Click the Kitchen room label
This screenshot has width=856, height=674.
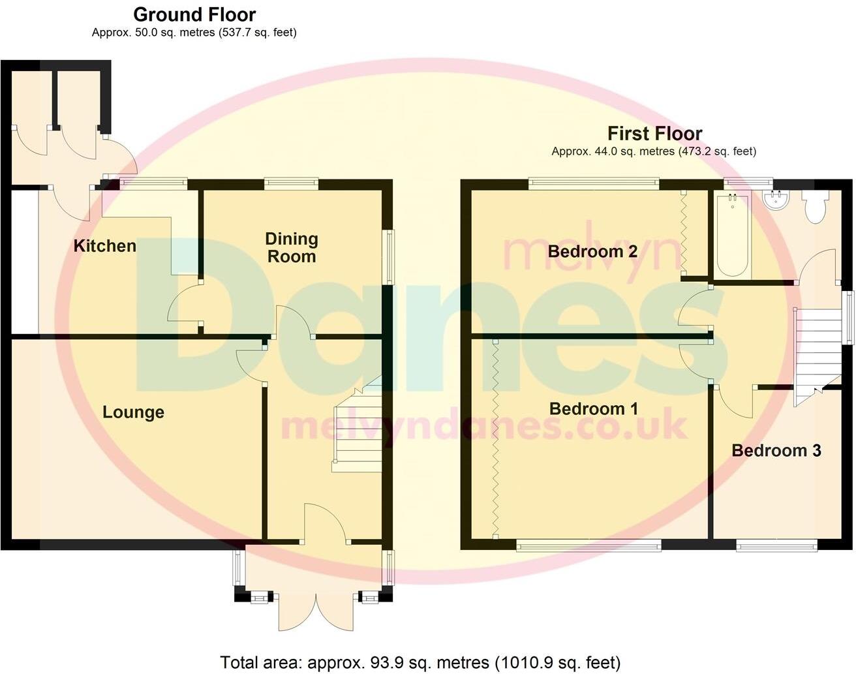point(104,246)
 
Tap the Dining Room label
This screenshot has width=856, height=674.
point(292,248)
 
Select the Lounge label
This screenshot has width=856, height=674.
point(133,412)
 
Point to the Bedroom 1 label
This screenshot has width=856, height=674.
point(594,409)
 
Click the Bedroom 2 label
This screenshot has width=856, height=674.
point(592,251)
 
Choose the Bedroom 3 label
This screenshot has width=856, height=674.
point(776,450)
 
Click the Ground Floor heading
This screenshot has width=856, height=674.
point(194,14)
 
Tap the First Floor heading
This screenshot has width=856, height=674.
point(654,134)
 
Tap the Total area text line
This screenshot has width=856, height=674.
point(420,663)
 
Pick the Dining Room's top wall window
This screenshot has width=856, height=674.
point(291,183)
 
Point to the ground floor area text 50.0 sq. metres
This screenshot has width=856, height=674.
point(194,32)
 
